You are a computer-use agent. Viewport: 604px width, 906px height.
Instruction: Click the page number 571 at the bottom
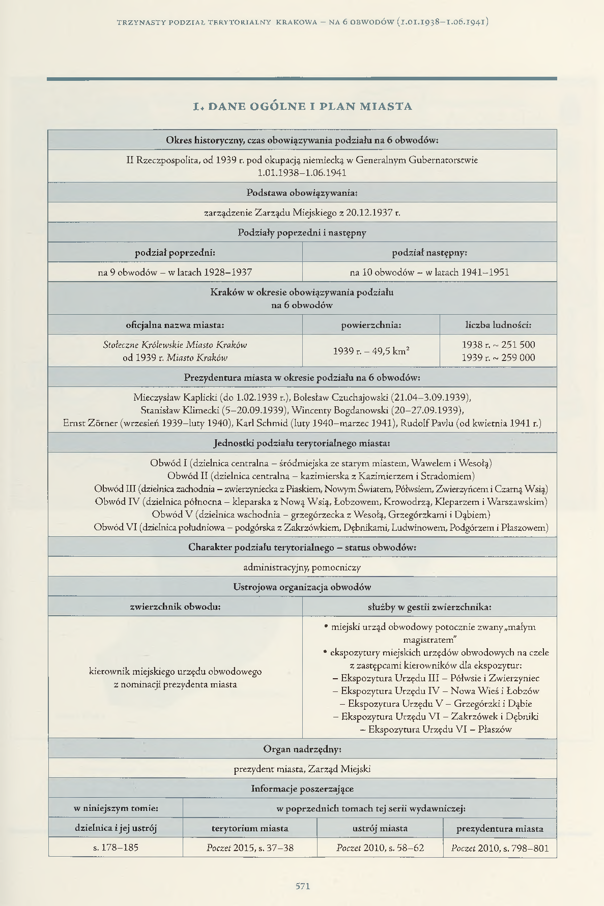(x=302, y=885)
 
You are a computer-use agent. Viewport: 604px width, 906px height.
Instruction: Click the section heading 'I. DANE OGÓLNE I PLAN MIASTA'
(x=302, y=106)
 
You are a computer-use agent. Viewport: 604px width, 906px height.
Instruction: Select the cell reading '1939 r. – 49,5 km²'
(x=371, y=351)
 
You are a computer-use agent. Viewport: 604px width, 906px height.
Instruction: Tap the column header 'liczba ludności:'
(x=498, y=324)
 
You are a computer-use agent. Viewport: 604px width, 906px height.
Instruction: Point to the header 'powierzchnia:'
(x=371, y=324)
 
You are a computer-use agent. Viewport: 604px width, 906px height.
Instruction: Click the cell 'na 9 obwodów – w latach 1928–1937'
(x=175, y=272)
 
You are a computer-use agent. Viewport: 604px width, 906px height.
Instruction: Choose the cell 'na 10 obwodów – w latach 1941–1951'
(x=429, y=272)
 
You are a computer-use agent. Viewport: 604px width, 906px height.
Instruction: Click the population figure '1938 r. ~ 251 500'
(x=498, y=344)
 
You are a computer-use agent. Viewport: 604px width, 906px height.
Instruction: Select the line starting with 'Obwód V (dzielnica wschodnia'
(x=321, y=514)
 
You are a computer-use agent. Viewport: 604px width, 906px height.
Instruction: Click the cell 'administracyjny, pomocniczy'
(x=302, y=567)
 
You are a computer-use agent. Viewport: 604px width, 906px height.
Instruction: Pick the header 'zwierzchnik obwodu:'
(x=175, y=606)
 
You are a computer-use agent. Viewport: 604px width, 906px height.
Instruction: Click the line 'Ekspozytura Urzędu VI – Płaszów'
(x=436, y=729)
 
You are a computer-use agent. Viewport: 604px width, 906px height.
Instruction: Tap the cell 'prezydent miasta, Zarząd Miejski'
(x=302, y=769)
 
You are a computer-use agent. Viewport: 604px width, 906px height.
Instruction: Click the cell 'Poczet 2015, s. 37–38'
(x=250, y=848)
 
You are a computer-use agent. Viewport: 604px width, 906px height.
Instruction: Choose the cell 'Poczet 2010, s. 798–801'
(x=500, y=848)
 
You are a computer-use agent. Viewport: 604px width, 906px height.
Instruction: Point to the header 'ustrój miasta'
(x=380, y=828)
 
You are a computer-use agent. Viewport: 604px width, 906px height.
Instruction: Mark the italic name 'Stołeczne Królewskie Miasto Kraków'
(x=175, y=344)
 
